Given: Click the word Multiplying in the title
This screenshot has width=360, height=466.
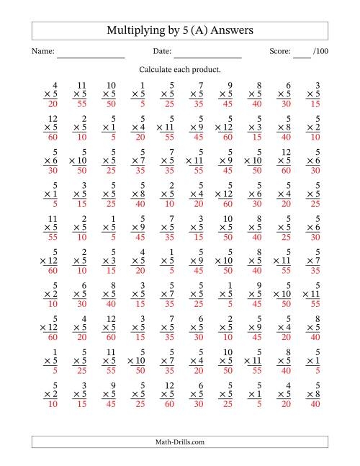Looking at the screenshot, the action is point(134,31).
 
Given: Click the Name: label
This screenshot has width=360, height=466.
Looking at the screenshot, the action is point(43,52).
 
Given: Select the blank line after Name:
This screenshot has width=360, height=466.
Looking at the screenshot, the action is point(91,55).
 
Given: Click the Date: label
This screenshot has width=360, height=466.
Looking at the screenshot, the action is point(162,52).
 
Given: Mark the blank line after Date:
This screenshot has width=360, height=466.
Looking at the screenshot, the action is point(207,55).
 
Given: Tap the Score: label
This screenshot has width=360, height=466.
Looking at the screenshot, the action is point(280,52).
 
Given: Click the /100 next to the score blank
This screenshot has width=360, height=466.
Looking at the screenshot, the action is point(320,52).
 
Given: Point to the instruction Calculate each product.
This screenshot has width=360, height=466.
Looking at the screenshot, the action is point(180,70).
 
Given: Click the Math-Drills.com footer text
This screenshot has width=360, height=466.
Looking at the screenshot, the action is point(180,442).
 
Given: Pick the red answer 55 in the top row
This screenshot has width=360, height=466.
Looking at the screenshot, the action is point(81,104).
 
